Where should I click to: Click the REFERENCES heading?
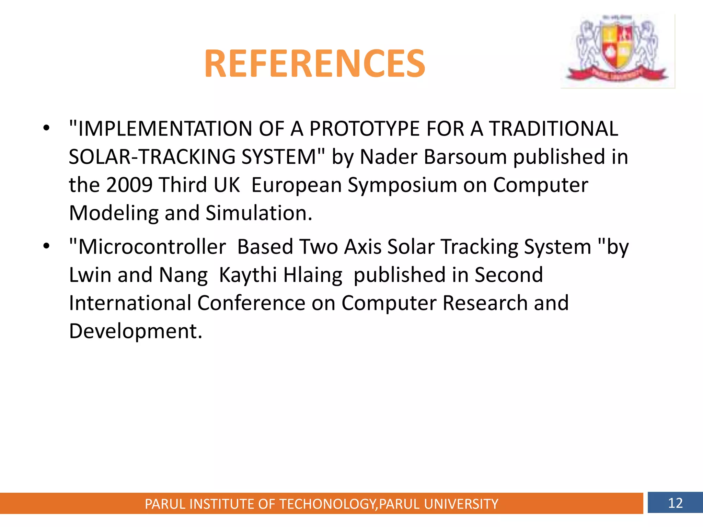pyautogui.click(x=314, y=64)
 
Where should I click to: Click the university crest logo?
pyautogui.click(x=617, y=51)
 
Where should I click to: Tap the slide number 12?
pyautogui.click(x=675, y=503)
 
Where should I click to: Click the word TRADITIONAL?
pyautogui.click(x=553, y=129)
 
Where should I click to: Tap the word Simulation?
pyautogui.click(x=259, y=213)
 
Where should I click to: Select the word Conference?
pyautogui.click(x=251, y=303)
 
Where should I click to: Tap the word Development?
pyautogui.click(x=136, y=331)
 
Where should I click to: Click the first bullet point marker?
pyautogui.click(x=46, y=128)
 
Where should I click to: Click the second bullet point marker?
pyautogui.click(x=46, y=246)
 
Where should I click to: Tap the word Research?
pyautogui.click(x=485, y=303)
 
